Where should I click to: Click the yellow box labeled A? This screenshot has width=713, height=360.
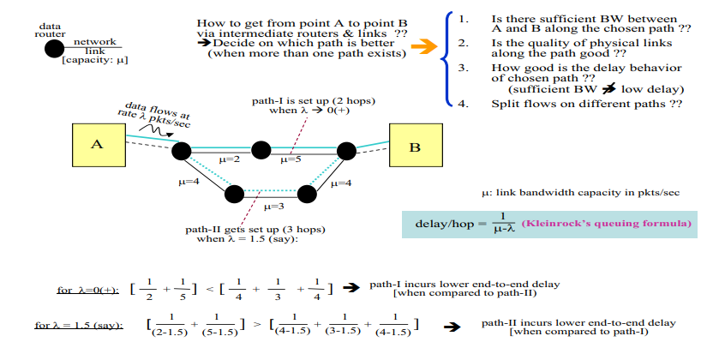tap(97, 144)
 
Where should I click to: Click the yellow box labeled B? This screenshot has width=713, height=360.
tap(415, 147)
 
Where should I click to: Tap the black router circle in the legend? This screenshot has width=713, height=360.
tap(54, 48)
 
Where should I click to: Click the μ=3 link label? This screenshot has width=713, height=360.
tap(274, 207)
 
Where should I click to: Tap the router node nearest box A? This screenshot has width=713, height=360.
tap(181, 151)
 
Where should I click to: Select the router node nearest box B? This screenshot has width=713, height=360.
tap(345, 151)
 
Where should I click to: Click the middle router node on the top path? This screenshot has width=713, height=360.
tap(261, 151)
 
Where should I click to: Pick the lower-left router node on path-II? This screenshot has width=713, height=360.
tap(234, 194)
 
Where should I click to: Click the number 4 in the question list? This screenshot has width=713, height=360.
tap(464, 104)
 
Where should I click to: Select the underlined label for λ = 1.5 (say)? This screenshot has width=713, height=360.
tap(79, 326)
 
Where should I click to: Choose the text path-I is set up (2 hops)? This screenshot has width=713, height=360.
tap(313, 100)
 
